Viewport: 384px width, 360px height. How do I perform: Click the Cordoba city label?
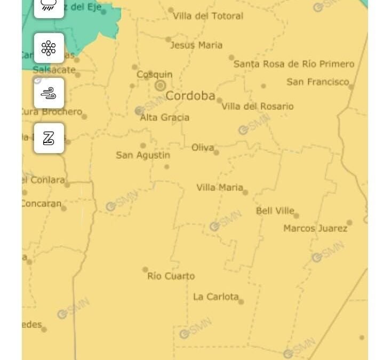coord(190,96)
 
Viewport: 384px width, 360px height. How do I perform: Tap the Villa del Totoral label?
coord(208,16)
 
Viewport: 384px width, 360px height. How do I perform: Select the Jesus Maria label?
coord(196,45)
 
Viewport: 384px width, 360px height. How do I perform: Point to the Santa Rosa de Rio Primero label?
coord(294,64)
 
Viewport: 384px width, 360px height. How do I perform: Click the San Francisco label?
coord(318,82)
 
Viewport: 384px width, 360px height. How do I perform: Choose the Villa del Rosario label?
coord(258,106)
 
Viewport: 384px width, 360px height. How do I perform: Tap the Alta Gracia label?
coord(164,117)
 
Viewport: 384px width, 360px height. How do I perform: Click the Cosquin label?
coord(155,75)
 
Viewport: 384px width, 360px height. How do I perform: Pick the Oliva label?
coord(203,147)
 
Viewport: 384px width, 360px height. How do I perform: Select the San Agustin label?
coord(143,155)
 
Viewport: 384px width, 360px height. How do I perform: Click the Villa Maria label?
coord(220,187)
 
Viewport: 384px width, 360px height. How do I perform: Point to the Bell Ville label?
coord(275,211)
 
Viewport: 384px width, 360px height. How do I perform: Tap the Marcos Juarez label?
coord(315,228)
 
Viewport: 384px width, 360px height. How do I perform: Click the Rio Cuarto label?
coord(171,276)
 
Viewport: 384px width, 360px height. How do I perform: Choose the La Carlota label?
coord(216,297)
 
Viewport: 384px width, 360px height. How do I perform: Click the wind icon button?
coord(49,93)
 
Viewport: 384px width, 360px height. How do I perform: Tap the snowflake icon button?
coord(49,48)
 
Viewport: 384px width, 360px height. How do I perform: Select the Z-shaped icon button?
coord(49,138)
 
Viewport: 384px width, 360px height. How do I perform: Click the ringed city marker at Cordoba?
coord(160,85)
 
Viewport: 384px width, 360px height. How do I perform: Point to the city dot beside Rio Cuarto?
coord(145,269)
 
